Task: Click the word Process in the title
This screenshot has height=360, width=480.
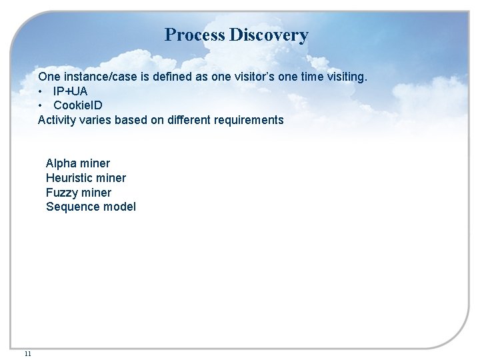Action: [195, 35]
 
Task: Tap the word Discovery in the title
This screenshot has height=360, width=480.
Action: [269, 35]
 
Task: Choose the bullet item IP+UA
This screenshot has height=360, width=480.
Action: [70, 91]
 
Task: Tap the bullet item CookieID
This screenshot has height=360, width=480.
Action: [78, 105]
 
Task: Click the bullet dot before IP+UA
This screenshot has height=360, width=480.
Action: [41, 91]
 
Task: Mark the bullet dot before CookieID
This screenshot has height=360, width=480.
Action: [41, 105]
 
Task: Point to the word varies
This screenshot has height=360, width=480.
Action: [96, 120]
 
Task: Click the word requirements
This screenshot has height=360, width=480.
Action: [249, 120]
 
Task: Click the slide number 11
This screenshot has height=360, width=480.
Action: [27, 353]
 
